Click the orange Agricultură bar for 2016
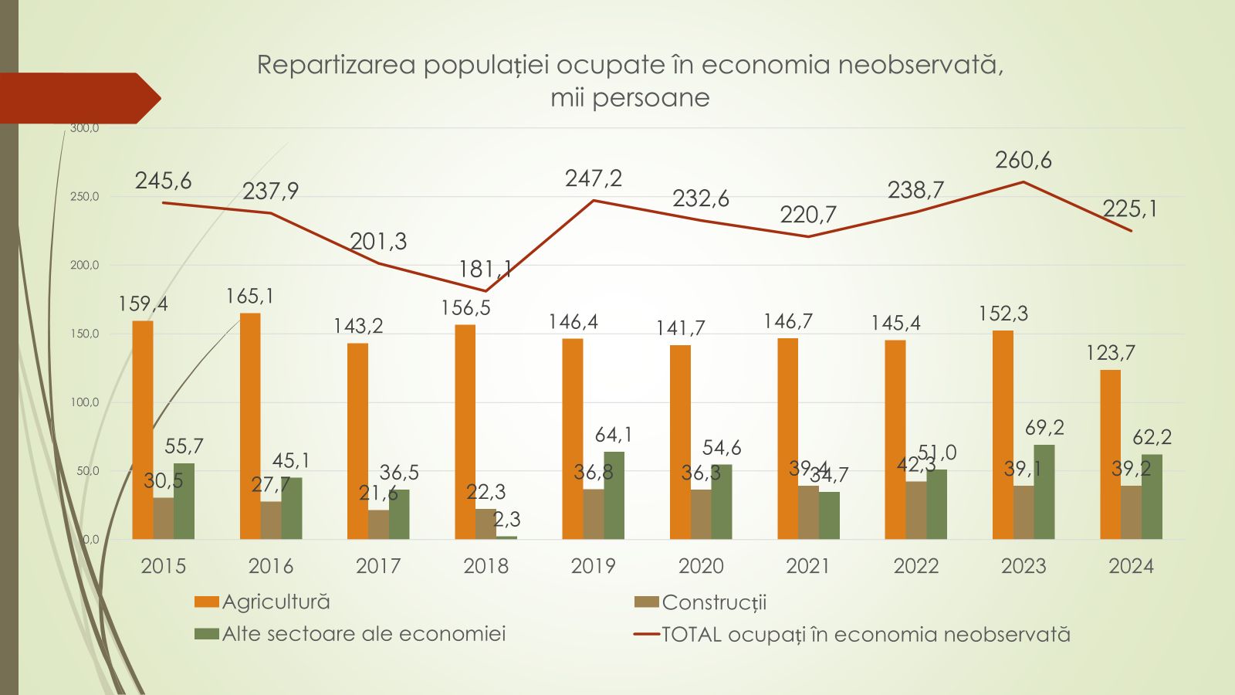250,425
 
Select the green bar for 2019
614,495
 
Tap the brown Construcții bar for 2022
916,510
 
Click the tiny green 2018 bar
507,537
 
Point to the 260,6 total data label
1023,161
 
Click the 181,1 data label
485,270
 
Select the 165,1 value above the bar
249,297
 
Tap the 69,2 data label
1044,428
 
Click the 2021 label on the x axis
808,566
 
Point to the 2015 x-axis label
163,566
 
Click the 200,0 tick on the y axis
85,265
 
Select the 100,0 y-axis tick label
85,402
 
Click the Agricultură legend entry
276,602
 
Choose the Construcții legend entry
714,602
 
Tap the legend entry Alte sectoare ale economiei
364,634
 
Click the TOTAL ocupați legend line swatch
646,635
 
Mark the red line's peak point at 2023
1024,182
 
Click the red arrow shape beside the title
77,98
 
